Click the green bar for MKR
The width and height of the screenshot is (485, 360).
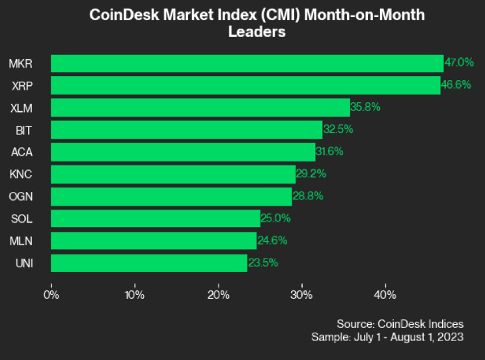[247, 63]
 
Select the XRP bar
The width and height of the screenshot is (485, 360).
[245, 85]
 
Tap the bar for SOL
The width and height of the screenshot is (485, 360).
[156, 218]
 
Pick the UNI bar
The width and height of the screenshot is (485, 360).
[149, 263]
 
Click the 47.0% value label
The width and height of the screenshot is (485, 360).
[459, 63]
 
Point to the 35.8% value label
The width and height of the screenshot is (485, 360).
[366, 107]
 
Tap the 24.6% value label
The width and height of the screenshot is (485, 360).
[272, 240]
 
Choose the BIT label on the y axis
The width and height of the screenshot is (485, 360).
[24, 130]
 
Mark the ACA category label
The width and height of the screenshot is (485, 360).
[21, 152]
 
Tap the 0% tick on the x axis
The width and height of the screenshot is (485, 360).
[51, 294]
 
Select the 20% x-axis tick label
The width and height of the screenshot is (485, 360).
[218, 294]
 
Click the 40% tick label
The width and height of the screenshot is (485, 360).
[385, 294]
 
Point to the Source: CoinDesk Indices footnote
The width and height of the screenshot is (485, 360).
[400, 324]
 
